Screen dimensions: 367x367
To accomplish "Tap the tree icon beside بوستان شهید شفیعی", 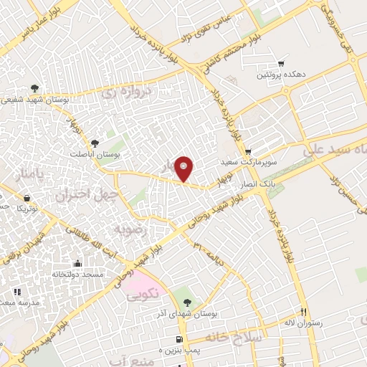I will point(34,89).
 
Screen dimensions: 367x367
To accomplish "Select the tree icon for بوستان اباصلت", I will point(95,143).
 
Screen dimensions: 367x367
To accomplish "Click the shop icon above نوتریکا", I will point(27,198).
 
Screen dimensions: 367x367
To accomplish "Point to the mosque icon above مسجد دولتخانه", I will point(77,263).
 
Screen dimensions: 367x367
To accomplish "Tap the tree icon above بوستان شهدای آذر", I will point(188,302).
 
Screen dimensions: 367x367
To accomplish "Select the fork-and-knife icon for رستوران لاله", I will point(302,312).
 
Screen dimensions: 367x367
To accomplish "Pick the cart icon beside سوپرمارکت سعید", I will point(247,152).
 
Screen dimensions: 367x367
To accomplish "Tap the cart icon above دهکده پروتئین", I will point(280,63).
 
